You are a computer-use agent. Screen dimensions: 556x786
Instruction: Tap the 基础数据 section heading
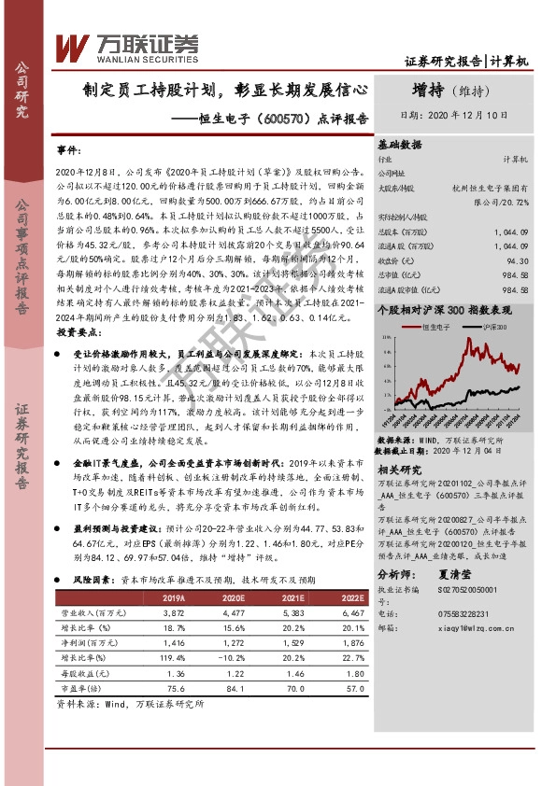(399, 146)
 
